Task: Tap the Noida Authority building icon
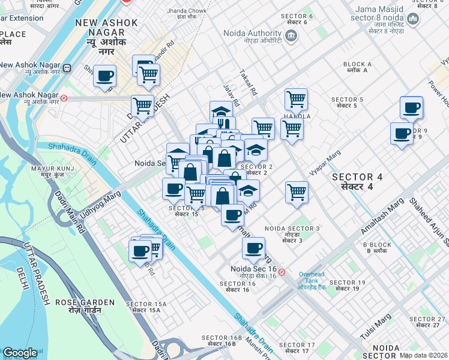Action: coord(291,37)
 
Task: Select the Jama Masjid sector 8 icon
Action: coord(412,20)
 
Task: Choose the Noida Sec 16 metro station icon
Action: coord(282,272)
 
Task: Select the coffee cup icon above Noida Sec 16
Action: coord(253,247)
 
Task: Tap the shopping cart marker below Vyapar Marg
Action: coord(296,193)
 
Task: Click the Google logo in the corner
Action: coord(20,353)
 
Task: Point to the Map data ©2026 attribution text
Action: coord(424,355)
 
